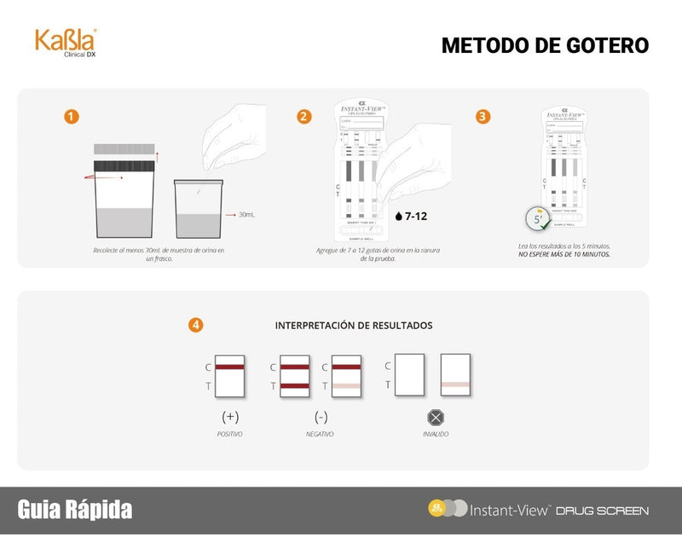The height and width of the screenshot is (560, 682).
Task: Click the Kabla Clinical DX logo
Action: (x=65, y=42)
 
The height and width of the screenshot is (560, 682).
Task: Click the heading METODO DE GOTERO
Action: (x=545, y=45)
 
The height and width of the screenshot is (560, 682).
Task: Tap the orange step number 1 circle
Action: (x=72, y=117)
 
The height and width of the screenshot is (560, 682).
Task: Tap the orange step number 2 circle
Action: (x=304, y=117)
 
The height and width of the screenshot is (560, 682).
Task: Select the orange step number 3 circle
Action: (x=483, y=117)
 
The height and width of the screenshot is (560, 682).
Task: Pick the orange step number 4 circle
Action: (x=196, y=325)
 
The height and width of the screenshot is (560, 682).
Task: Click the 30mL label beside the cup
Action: (x=246, y=215)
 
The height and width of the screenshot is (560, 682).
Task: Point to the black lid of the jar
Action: (x=124, y=165)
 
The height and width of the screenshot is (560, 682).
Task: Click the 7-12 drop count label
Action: (x=412, y=216)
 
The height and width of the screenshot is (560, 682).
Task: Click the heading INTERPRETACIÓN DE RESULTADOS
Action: (x=353, y=326)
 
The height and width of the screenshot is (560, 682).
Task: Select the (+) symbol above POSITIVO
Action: (x=229, y=417)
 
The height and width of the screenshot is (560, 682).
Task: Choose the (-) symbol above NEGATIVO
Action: (x=321, y=417)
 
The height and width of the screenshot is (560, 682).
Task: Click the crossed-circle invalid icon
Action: (x=436, y=417)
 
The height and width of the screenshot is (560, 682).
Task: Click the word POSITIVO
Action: (x=229, y=435)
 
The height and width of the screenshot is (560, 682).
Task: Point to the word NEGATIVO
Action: (x=321, y=435)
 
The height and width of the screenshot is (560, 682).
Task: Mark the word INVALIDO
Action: (x=436, y=435)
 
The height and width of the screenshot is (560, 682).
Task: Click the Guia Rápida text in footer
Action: (x=75, y=510)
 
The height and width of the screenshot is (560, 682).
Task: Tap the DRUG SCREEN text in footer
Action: (x=602, y=511)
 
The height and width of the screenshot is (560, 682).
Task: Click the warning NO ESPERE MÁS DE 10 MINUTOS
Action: (x=564, y=254)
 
